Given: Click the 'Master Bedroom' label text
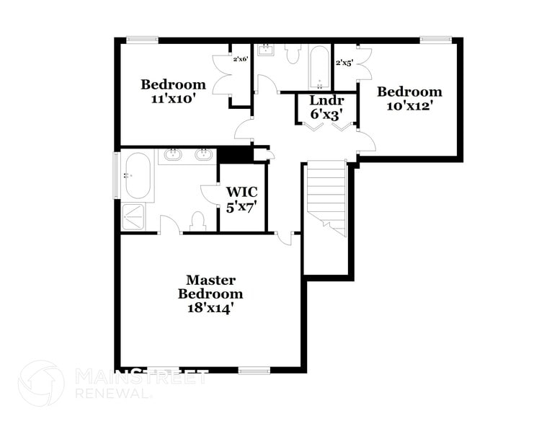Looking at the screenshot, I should (210, 286).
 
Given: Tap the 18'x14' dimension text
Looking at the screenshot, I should (210, 308).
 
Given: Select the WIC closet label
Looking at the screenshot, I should (241, 193).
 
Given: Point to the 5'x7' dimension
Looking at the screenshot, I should (241, 207).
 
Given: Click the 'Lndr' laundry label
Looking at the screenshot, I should (326, 100).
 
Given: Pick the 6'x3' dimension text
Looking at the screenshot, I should (326, 113).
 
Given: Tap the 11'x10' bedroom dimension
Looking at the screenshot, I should (173, 99).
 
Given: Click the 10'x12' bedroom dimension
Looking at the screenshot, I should (409, 105).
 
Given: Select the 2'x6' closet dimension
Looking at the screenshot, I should (241, 59).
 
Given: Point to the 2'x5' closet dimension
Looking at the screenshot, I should (344, 63).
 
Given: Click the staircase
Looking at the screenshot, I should (326, 197).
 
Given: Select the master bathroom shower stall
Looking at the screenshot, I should (133, 216).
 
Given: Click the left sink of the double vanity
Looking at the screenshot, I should (173, 154).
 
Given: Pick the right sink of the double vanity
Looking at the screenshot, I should (204, 154).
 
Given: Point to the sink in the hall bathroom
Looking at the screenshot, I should (265, 50).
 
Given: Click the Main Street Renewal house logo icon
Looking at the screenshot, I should (41, 383).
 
